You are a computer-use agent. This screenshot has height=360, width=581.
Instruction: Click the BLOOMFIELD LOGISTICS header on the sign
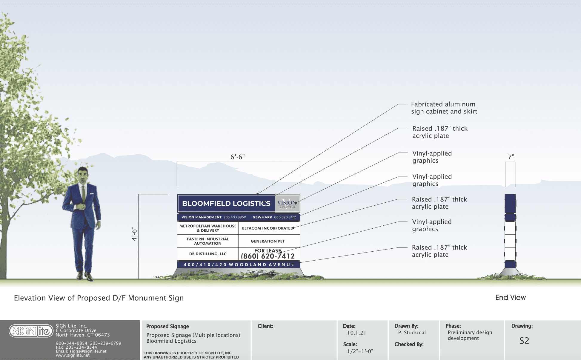click(226, 204)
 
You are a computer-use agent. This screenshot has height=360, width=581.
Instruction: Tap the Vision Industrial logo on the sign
click(287, 204)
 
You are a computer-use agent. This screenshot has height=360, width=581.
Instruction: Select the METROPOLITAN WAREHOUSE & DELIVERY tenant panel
click(208, 228)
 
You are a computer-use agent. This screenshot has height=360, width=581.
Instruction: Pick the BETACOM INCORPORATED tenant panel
click(268, 228)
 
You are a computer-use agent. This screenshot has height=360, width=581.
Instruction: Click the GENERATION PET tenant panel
click(268, 241)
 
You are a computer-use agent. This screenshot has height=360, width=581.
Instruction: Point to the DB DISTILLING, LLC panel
click(208, 254)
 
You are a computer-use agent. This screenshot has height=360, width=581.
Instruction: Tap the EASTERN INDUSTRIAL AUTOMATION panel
click(208, 241)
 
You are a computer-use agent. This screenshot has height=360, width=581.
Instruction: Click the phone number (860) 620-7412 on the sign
click(268, 256)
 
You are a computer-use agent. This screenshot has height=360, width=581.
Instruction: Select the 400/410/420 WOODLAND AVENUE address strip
click(239, 265)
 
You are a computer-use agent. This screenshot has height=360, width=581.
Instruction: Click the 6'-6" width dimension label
click(237, 157)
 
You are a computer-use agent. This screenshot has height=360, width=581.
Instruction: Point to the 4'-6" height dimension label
click(134, 234)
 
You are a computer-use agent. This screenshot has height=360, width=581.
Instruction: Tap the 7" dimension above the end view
click(511, 157)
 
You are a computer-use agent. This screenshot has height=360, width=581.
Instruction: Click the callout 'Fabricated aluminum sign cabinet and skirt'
click(444, 108)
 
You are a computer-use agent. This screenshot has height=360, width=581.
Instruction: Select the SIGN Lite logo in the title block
click(31, 331)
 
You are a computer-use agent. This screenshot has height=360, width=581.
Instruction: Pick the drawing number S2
click(524, 341)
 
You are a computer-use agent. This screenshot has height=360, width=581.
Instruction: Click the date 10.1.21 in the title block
click(356, 333)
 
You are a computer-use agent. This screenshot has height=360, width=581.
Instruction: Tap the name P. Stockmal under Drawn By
click(412, 333)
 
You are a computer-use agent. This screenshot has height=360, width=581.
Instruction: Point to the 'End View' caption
click(511, 298)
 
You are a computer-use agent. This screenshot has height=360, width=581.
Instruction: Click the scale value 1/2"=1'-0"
click(360, 351)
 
